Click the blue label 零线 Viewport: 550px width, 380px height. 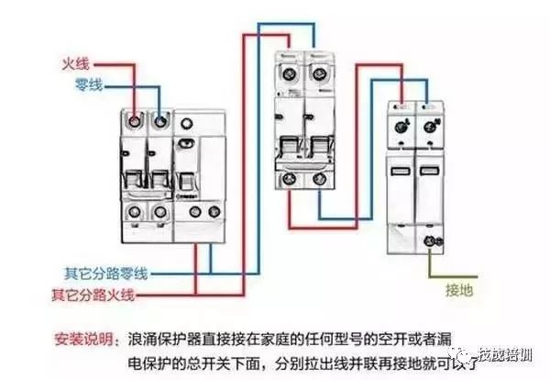(87, 84)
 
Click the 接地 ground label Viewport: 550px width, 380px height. (458, 291)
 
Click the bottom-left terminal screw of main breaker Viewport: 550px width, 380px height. (135, 212)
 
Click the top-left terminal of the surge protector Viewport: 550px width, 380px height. (400, 126)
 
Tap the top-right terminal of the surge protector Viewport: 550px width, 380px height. (427, 126)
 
